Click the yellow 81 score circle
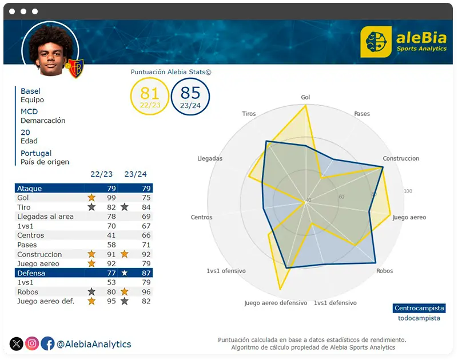(x=150, y=97)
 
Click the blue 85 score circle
(x=190, y=97)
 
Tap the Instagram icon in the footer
(x=32, y=343)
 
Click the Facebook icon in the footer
(x=47, y=343)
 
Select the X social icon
(x=17, y=343)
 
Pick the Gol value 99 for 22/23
(x=111, y=198)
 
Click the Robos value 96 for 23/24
(x=146, y=292)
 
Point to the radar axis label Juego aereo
(x=409, y=217)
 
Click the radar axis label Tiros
(x=249, y=114)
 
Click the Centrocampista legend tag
(x=419, y=308)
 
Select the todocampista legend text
(x=419, y=318)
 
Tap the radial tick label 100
(x=408, y=191)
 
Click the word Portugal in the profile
(x=36, y=153)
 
